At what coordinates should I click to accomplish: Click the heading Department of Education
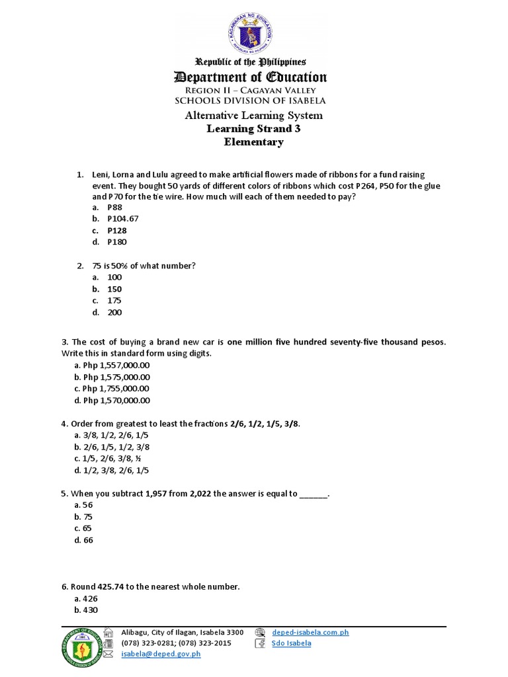[250, 77]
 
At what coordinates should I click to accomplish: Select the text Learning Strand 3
[253, 129]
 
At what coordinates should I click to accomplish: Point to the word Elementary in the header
[253, 141]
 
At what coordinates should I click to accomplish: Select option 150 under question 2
[114, 289]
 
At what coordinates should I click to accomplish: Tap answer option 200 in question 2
[114, 313]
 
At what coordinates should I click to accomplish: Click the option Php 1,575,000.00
[112, 377]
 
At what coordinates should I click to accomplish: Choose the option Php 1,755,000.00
[112, 389]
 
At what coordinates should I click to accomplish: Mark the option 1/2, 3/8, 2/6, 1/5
[112, 471]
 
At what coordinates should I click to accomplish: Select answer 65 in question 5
[87, 528]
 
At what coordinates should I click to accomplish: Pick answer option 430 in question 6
[90, 610]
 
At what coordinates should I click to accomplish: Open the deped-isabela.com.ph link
[310, 633]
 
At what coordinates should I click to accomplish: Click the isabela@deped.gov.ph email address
[161, 654]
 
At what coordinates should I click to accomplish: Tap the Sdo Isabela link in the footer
[291, 643]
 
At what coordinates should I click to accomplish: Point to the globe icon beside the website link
[260, 632]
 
